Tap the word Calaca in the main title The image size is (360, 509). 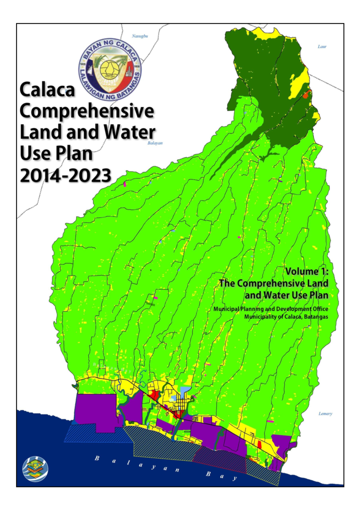point(47,90)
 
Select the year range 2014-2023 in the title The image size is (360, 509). point(65,176)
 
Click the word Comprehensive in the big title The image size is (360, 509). point(87,111)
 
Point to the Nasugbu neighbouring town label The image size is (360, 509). point(140,36)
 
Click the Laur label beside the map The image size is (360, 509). point(322,47)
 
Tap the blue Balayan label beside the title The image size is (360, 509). point(155,143)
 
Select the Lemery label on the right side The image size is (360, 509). point(325,414)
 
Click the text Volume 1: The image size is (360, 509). point(307,271)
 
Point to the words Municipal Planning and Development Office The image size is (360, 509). point(271,309)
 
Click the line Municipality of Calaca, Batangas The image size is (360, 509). point(286,317)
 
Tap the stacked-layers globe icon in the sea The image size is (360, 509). point(35,469)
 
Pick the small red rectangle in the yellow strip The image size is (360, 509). point(260,444)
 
